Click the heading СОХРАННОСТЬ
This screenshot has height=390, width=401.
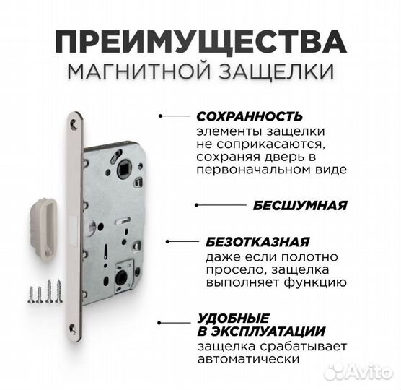(249, 116)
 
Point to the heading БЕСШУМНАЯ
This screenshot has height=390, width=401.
(299, 204)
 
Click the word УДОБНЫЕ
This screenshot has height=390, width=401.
(224, 318)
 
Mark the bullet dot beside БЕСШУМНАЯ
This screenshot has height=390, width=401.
(198, 205)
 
